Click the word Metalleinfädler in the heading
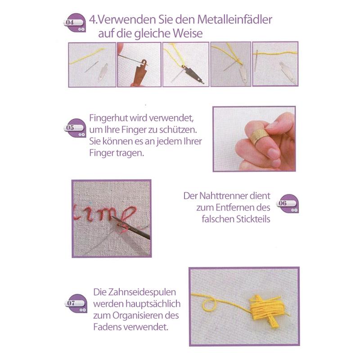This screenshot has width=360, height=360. coord(234,19)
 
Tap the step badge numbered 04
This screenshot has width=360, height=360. coord(74,22)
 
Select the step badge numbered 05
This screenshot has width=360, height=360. coord(75,128)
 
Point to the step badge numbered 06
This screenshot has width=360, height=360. coord(288,203)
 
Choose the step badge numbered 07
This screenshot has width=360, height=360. coord(76,303)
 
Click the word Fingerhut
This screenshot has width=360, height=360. coord(108,118)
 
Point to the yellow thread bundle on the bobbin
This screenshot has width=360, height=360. coord(267,309)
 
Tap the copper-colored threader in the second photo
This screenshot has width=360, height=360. coord(140,72)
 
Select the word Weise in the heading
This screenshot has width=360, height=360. coord(188,33)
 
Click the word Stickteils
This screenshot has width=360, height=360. coord(253,219)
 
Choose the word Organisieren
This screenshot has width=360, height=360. coord(140,316)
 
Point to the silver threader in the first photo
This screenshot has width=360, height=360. coord(103,72)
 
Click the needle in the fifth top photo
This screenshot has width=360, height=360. coord(256,61)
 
